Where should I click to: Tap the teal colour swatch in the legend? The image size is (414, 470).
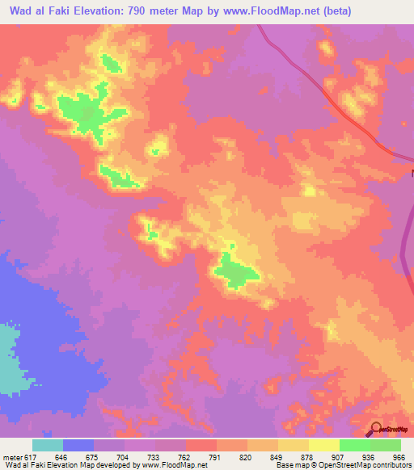pyautogui.click(x=47, y=445)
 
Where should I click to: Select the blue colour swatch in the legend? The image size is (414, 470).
pyautogui.click(x=78, y=445)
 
